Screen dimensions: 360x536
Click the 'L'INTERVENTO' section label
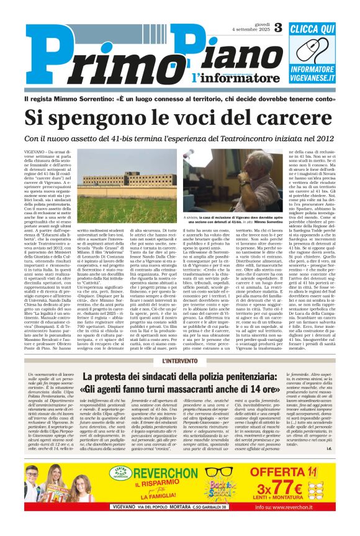[179, 361]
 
